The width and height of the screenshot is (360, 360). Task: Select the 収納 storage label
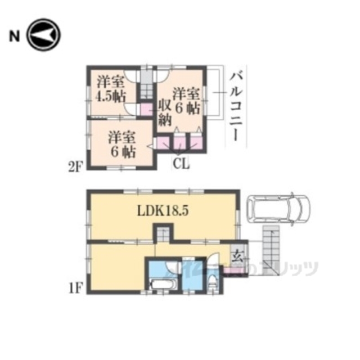pyautogui.click(x=164, y=112)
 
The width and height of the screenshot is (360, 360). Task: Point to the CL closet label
pyautogui.click(x=180, y=164)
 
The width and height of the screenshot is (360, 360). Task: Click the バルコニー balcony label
pyautogui.click(x=237, y=106)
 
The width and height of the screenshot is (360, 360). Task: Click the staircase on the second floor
pyautogui.click(x=146, y=90)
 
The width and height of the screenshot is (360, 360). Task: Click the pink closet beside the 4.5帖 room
pyautogui.click(x=146, y=109)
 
